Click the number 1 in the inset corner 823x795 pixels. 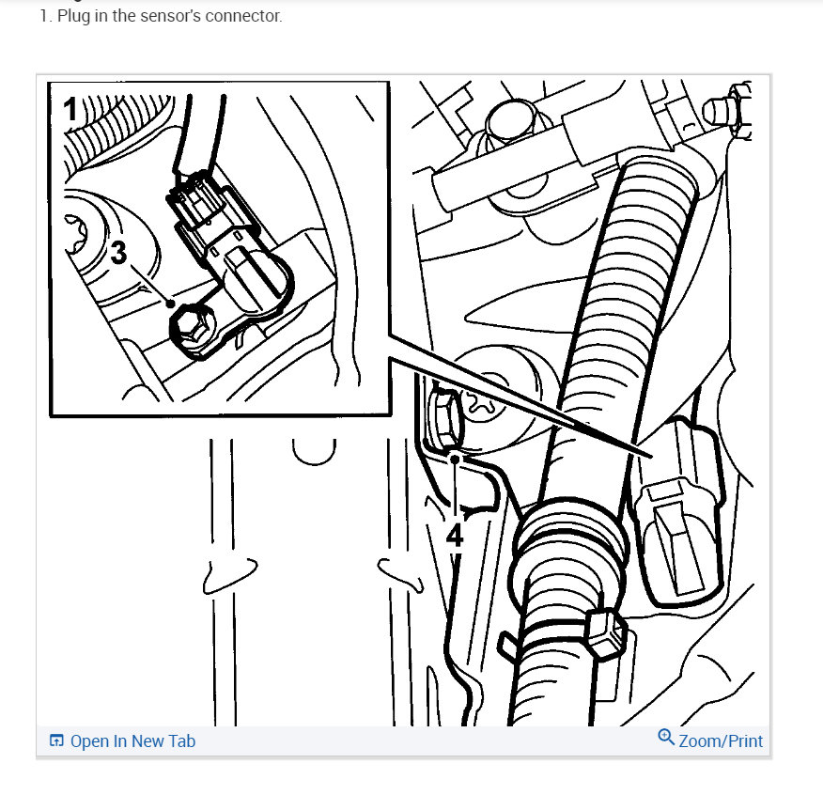(x=70, y=108)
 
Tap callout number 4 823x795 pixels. (x=454, y=536)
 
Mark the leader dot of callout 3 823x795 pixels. (x=170, y=304)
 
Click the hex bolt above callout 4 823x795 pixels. (x=444, y=415)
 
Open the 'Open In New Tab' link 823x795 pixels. (x=132, y=741)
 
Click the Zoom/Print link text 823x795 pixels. (x=721, y=741)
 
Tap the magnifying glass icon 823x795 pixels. (x=666, y=738)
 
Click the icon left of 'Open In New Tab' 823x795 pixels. (x=56, y=741)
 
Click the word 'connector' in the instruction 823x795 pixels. (x=248, y=17)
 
